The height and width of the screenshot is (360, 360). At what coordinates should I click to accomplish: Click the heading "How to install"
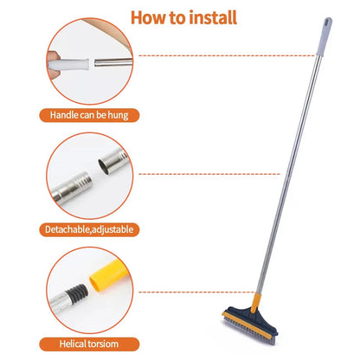[179, 17]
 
